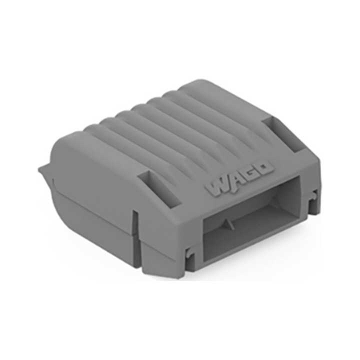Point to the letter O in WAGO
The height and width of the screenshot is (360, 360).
265,168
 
